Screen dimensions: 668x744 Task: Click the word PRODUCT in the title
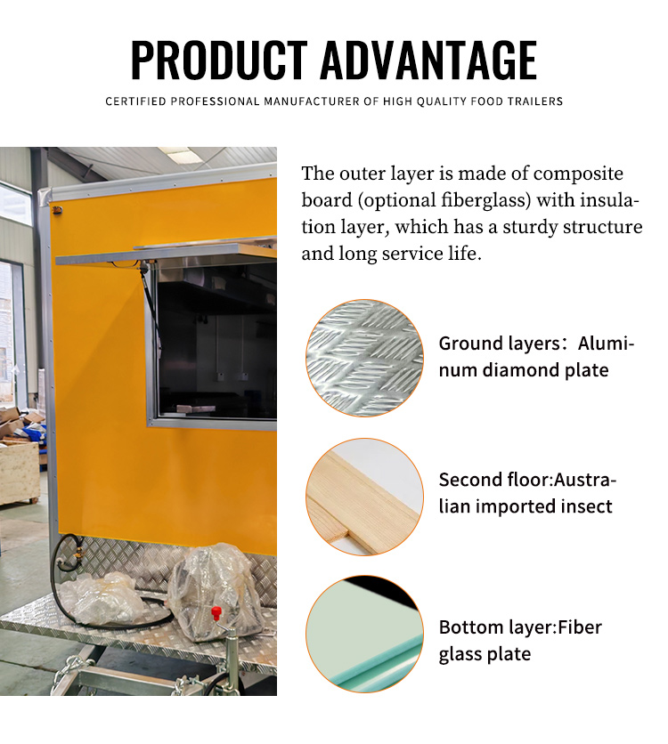pyautogui.click(x=219, y=60)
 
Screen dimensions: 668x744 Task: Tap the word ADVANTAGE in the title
pyautogui.click(x=428, y=60)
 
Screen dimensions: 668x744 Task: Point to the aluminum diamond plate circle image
pyautogui.click(x=364, y=359)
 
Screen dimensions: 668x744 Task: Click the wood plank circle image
pyautogui.click(x=364, y=497)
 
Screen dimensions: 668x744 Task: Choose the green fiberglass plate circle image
pyautogui.click(x=364, y=634)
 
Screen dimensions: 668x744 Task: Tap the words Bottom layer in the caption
pyautogui.click(x=495, y=627)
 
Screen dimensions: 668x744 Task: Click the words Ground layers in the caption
pyautogui.click(x=500, y=344)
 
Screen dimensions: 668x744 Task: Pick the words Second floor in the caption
pyautogui.click(x=493, y=481)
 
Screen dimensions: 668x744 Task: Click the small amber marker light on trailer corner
pyautogui.click(x=56, y=209)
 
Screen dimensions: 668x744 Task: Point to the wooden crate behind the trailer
pyautogui.click(x=19, y=472)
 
